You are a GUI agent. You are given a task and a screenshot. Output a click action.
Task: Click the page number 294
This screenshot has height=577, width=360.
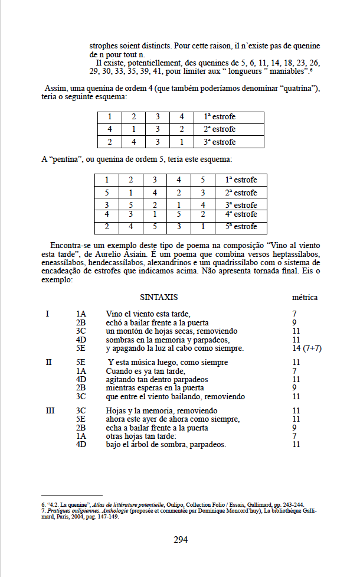[180, 539]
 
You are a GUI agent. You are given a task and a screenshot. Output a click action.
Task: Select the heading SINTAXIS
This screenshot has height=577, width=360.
[159, 297]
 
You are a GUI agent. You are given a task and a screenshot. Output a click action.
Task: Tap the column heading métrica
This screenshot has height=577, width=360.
[305, 297]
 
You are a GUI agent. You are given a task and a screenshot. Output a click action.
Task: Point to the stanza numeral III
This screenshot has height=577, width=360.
[50, 410]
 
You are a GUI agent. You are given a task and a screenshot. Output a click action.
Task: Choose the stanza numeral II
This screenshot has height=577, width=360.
[48, 362]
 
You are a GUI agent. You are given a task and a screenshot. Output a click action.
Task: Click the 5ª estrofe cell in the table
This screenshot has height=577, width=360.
[241, 227]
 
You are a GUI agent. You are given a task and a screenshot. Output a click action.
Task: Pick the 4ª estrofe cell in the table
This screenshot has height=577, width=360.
[241, 214]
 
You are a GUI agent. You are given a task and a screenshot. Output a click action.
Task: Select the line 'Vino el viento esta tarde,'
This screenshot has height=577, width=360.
[149, 314]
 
